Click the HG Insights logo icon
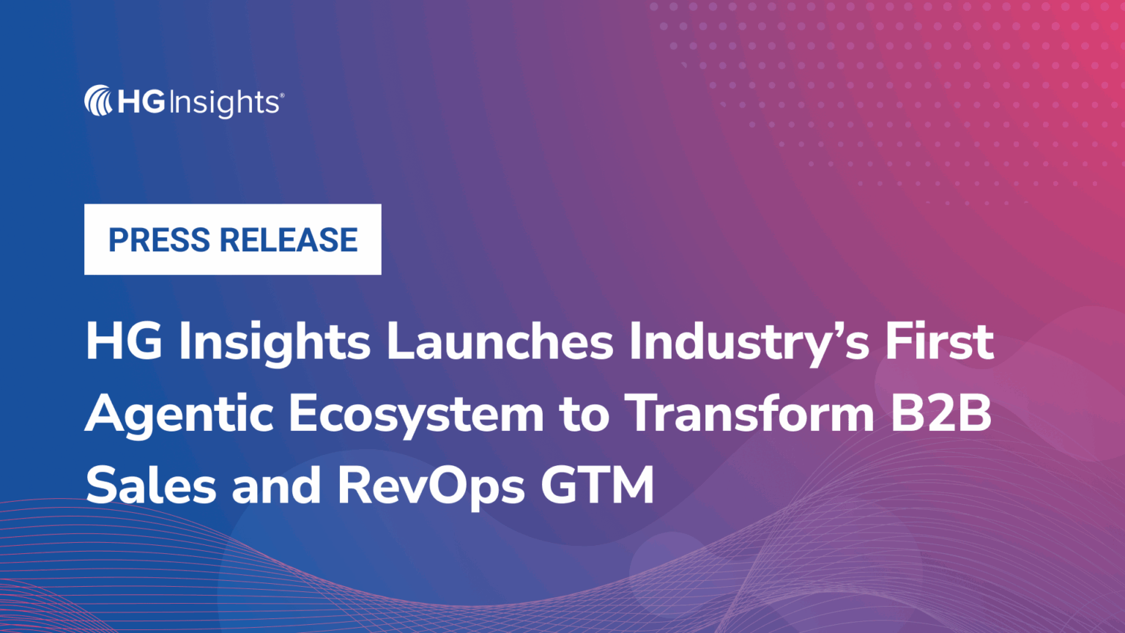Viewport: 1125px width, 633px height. (97, 101)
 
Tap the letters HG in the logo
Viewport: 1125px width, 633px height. (141, 102)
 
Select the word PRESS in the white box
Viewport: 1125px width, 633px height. (159, 240)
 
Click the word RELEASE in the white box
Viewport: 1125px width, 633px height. (289, 240)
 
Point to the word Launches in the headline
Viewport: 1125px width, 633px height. (500, 342)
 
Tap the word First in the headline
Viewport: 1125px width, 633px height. (939, 342)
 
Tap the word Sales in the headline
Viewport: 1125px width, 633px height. (152, 486)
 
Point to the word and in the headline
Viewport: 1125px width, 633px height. (276, 486)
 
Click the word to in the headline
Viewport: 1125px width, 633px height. (584, 415)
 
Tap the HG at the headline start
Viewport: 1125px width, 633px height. (124, 342)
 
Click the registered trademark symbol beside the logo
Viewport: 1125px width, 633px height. (282, 95)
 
